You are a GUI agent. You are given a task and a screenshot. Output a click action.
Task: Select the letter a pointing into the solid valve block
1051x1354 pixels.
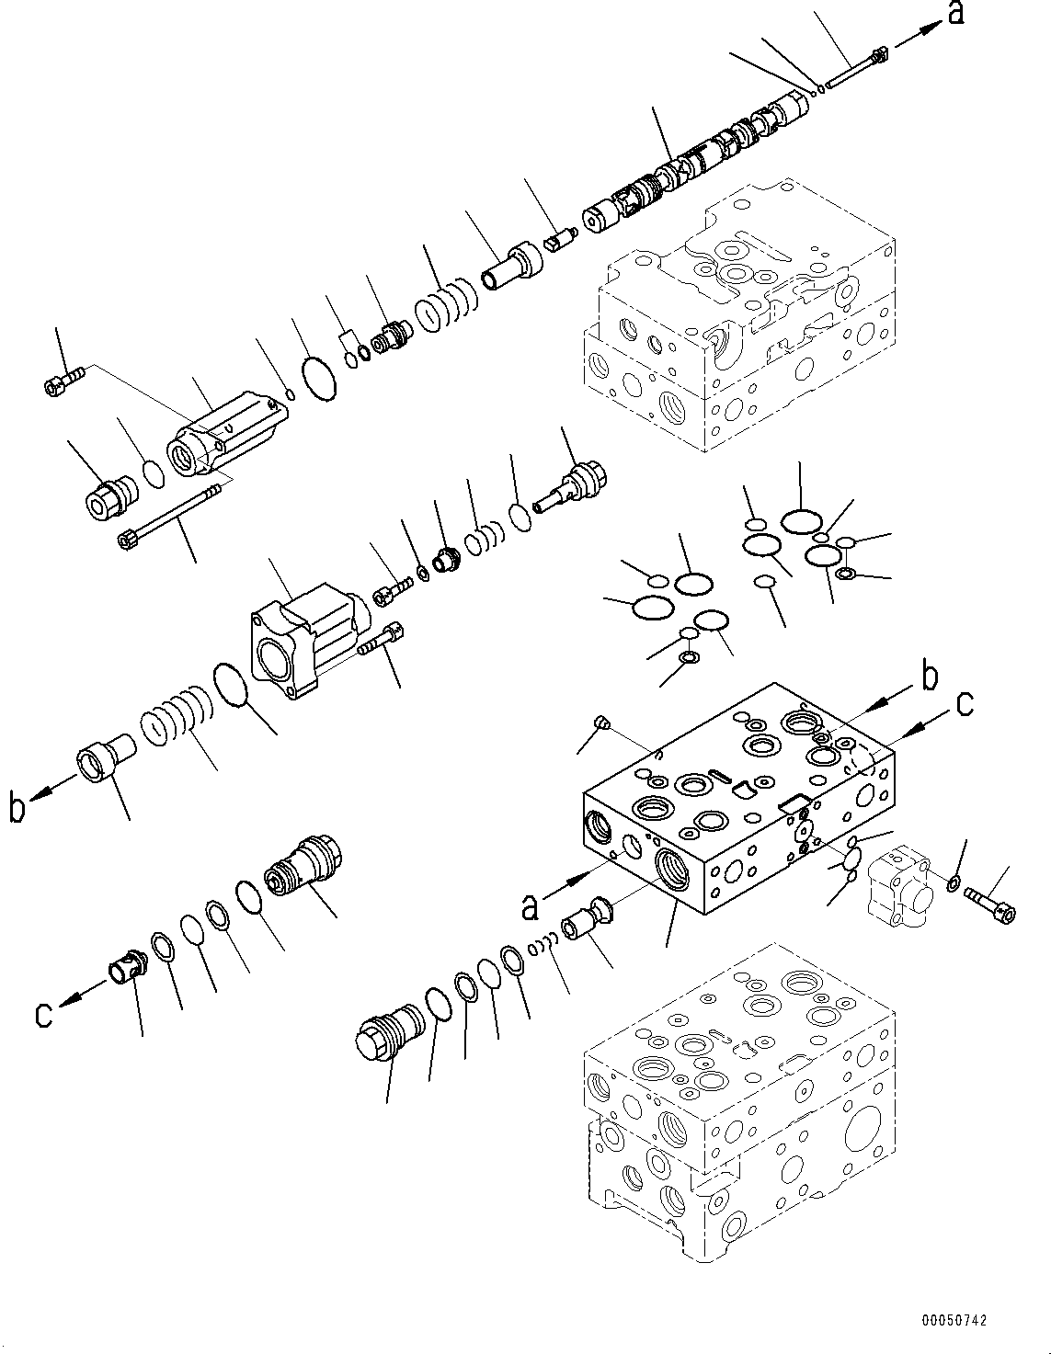530,906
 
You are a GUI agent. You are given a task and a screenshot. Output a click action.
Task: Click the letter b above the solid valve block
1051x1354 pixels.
930,677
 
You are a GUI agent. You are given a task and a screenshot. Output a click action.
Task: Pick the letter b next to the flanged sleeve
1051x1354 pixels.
17,809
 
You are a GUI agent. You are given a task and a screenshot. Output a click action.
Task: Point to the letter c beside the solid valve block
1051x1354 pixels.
963,703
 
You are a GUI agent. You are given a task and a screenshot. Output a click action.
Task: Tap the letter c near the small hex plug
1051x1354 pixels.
43,1014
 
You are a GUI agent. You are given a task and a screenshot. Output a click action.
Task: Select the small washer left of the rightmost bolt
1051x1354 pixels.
954,883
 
